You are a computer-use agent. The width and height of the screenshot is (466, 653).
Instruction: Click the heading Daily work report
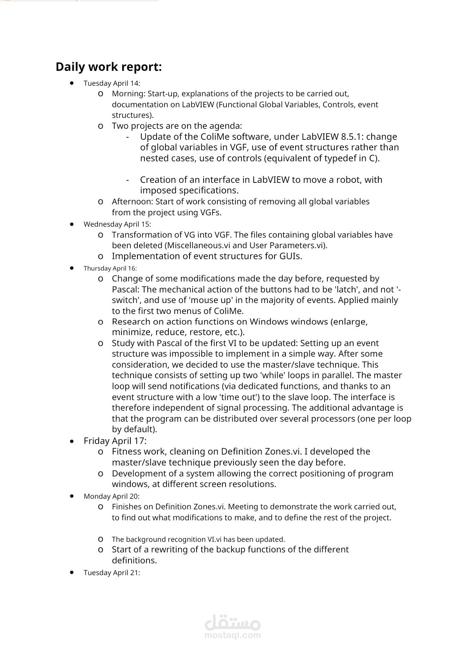point(108,67)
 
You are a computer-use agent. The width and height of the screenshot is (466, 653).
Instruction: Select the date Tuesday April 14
point(112,83)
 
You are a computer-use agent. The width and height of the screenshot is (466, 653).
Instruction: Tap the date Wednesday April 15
point(117,224)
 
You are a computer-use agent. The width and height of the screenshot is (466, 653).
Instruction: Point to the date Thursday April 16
point(110,269)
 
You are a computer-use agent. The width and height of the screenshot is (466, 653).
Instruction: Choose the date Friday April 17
point(115,441)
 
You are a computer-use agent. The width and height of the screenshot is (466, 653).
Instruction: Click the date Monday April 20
point(111,496)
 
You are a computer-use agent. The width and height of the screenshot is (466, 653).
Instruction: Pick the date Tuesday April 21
point(112,573)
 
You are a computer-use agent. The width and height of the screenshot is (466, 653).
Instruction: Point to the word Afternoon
point(132,202)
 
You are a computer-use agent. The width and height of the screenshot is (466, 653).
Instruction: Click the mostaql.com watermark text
point(233,635)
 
